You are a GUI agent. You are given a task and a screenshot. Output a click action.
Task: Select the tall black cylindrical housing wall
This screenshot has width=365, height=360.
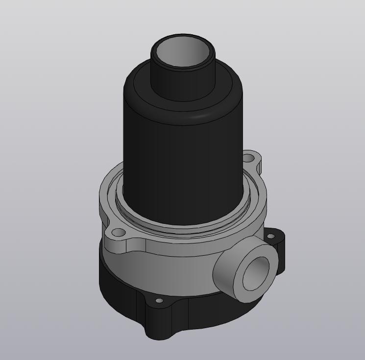pos(181,162)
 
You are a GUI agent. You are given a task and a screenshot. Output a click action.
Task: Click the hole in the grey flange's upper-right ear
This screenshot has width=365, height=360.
pos(250,159)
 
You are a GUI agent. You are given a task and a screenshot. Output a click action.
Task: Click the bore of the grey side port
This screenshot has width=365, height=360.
pos(256,274)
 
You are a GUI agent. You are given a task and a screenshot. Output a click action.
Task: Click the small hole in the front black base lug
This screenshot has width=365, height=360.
pos(159,300)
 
